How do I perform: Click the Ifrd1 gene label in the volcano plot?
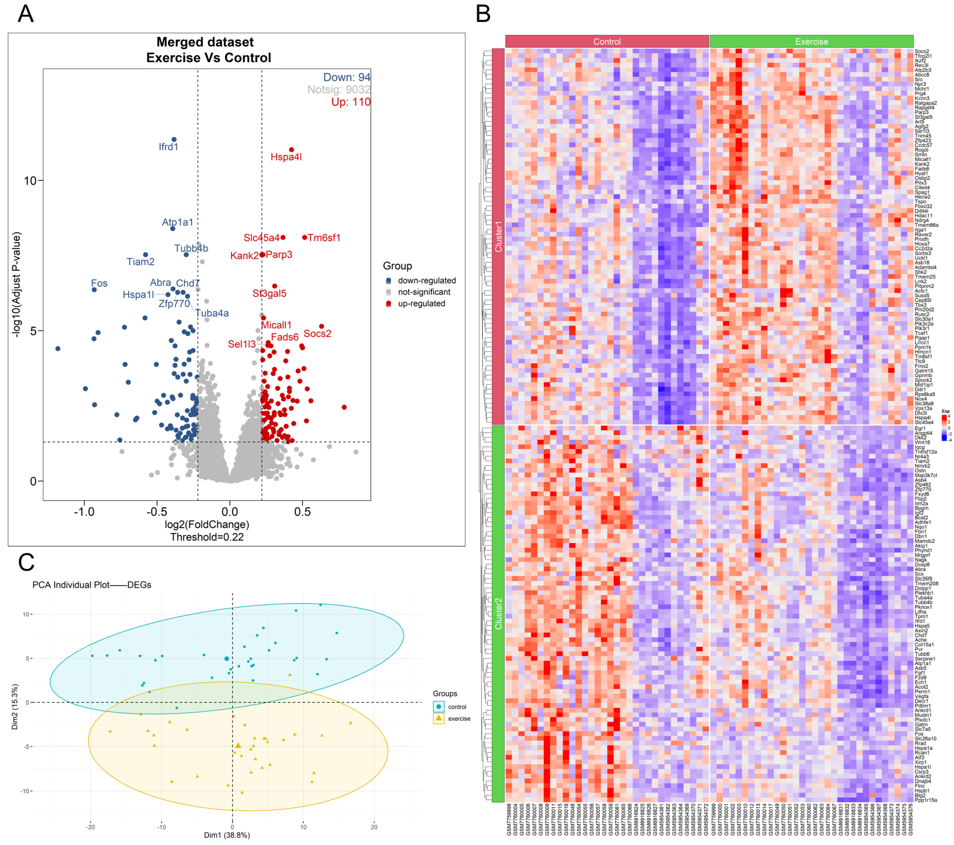[168, 147]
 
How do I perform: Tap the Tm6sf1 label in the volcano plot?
[325, 238]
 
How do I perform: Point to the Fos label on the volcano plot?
[99, 283]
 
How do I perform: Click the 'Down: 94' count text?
[347, 78]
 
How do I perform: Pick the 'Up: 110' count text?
[351, 102]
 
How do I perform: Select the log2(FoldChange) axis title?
[207, 525]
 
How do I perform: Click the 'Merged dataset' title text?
[205, 42]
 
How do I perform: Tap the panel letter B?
[483, 14]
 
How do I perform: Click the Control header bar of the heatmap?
[607, 42]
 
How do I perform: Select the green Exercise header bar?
[811, 42]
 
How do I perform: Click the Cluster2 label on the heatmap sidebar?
[498, 614]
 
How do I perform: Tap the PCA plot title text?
[92, 585]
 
